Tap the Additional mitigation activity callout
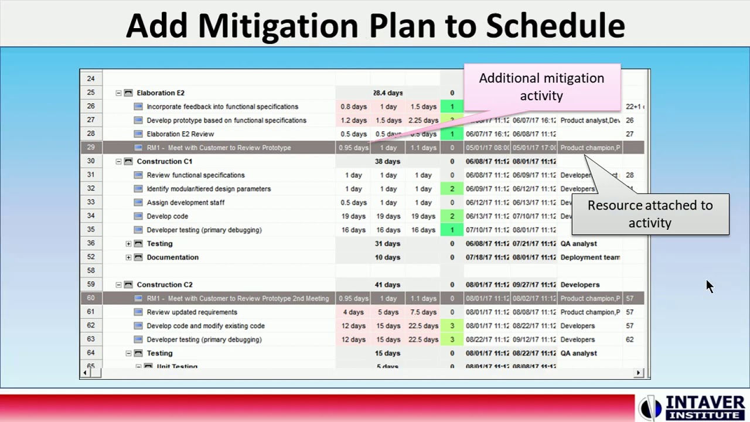(x=541, y=87)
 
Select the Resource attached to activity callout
(x=650, y=214)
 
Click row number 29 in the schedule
(x=91, y=148)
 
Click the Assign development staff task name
(x=185, y=203)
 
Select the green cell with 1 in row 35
(x=452, y=230)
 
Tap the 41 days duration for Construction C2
(x=387, y=285)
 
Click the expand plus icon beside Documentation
(x=128, y=257)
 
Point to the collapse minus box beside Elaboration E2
(x=118, y=93)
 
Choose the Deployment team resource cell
(x=589, y=257)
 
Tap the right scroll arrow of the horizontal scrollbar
(x=639, y=373)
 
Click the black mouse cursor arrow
(x=709, y=286)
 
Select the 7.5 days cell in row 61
(x=423, y=312)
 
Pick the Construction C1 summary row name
(x=164, y=162)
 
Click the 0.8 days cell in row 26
(x=353, y=107)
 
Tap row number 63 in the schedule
(x=91, y=339)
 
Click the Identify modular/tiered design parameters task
(x=209, y=189)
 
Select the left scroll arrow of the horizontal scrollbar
(x=86, y=373)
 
